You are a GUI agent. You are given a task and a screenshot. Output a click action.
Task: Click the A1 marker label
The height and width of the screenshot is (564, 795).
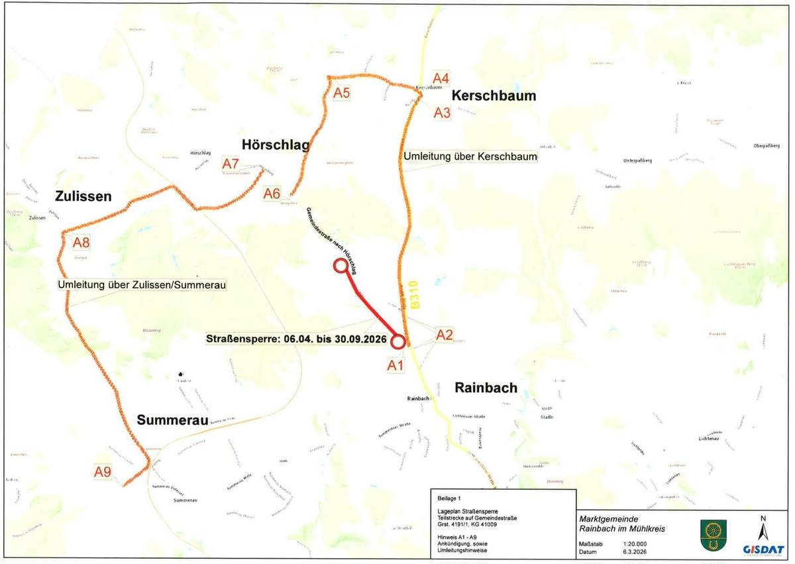click(x=396, y=364)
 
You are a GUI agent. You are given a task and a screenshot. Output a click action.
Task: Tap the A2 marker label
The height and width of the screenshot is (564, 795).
click(x=444, y=335)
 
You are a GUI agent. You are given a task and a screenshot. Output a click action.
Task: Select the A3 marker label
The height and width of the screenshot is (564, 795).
click(x=442, y=113)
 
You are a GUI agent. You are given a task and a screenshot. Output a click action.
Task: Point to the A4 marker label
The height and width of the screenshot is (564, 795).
click(x=441, y=77)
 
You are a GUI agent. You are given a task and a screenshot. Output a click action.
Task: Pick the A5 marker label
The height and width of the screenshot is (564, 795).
click(x=341, y=93)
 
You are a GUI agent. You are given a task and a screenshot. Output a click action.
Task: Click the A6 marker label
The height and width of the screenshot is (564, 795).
click(x=272, y=194)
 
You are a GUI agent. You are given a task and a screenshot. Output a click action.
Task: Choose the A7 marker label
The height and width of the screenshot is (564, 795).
click(x=231, y=163)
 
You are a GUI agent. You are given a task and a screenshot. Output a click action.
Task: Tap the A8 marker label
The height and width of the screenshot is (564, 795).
click(x=81, y=242)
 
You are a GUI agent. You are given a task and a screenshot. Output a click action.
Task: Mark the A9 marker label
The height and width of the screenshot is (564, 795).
click(x=102, y=472)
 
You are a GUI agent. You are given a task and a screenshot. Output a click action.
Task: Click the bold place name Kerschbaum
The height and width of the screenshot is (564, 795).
click(x=494, y=96)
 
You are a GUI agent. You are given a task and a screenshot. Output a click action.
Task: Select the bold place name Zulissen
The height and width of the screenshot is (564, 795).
click(x=83, y=196)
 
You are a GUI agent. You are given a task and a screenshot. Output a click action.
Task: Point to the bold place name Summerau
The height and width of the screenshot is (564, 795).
click(x=172, y=420)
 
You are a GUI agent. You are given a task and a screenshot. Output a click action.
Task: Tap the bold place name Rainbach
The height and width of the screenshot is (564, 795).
click(x=486, y=388)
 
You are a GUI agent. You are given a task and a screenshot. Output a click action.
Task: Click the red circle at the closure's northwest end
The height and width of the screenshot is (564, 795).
click(x=341, y=266)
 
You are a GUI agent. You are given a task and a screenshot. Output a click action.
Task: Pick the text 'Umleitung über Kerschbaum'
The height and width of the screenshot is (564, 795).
click(x=470, y=156)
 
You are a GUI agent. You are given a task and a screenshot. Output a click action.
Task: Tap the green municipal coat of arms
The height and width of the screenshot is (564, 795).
click(x=711, y=534)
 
